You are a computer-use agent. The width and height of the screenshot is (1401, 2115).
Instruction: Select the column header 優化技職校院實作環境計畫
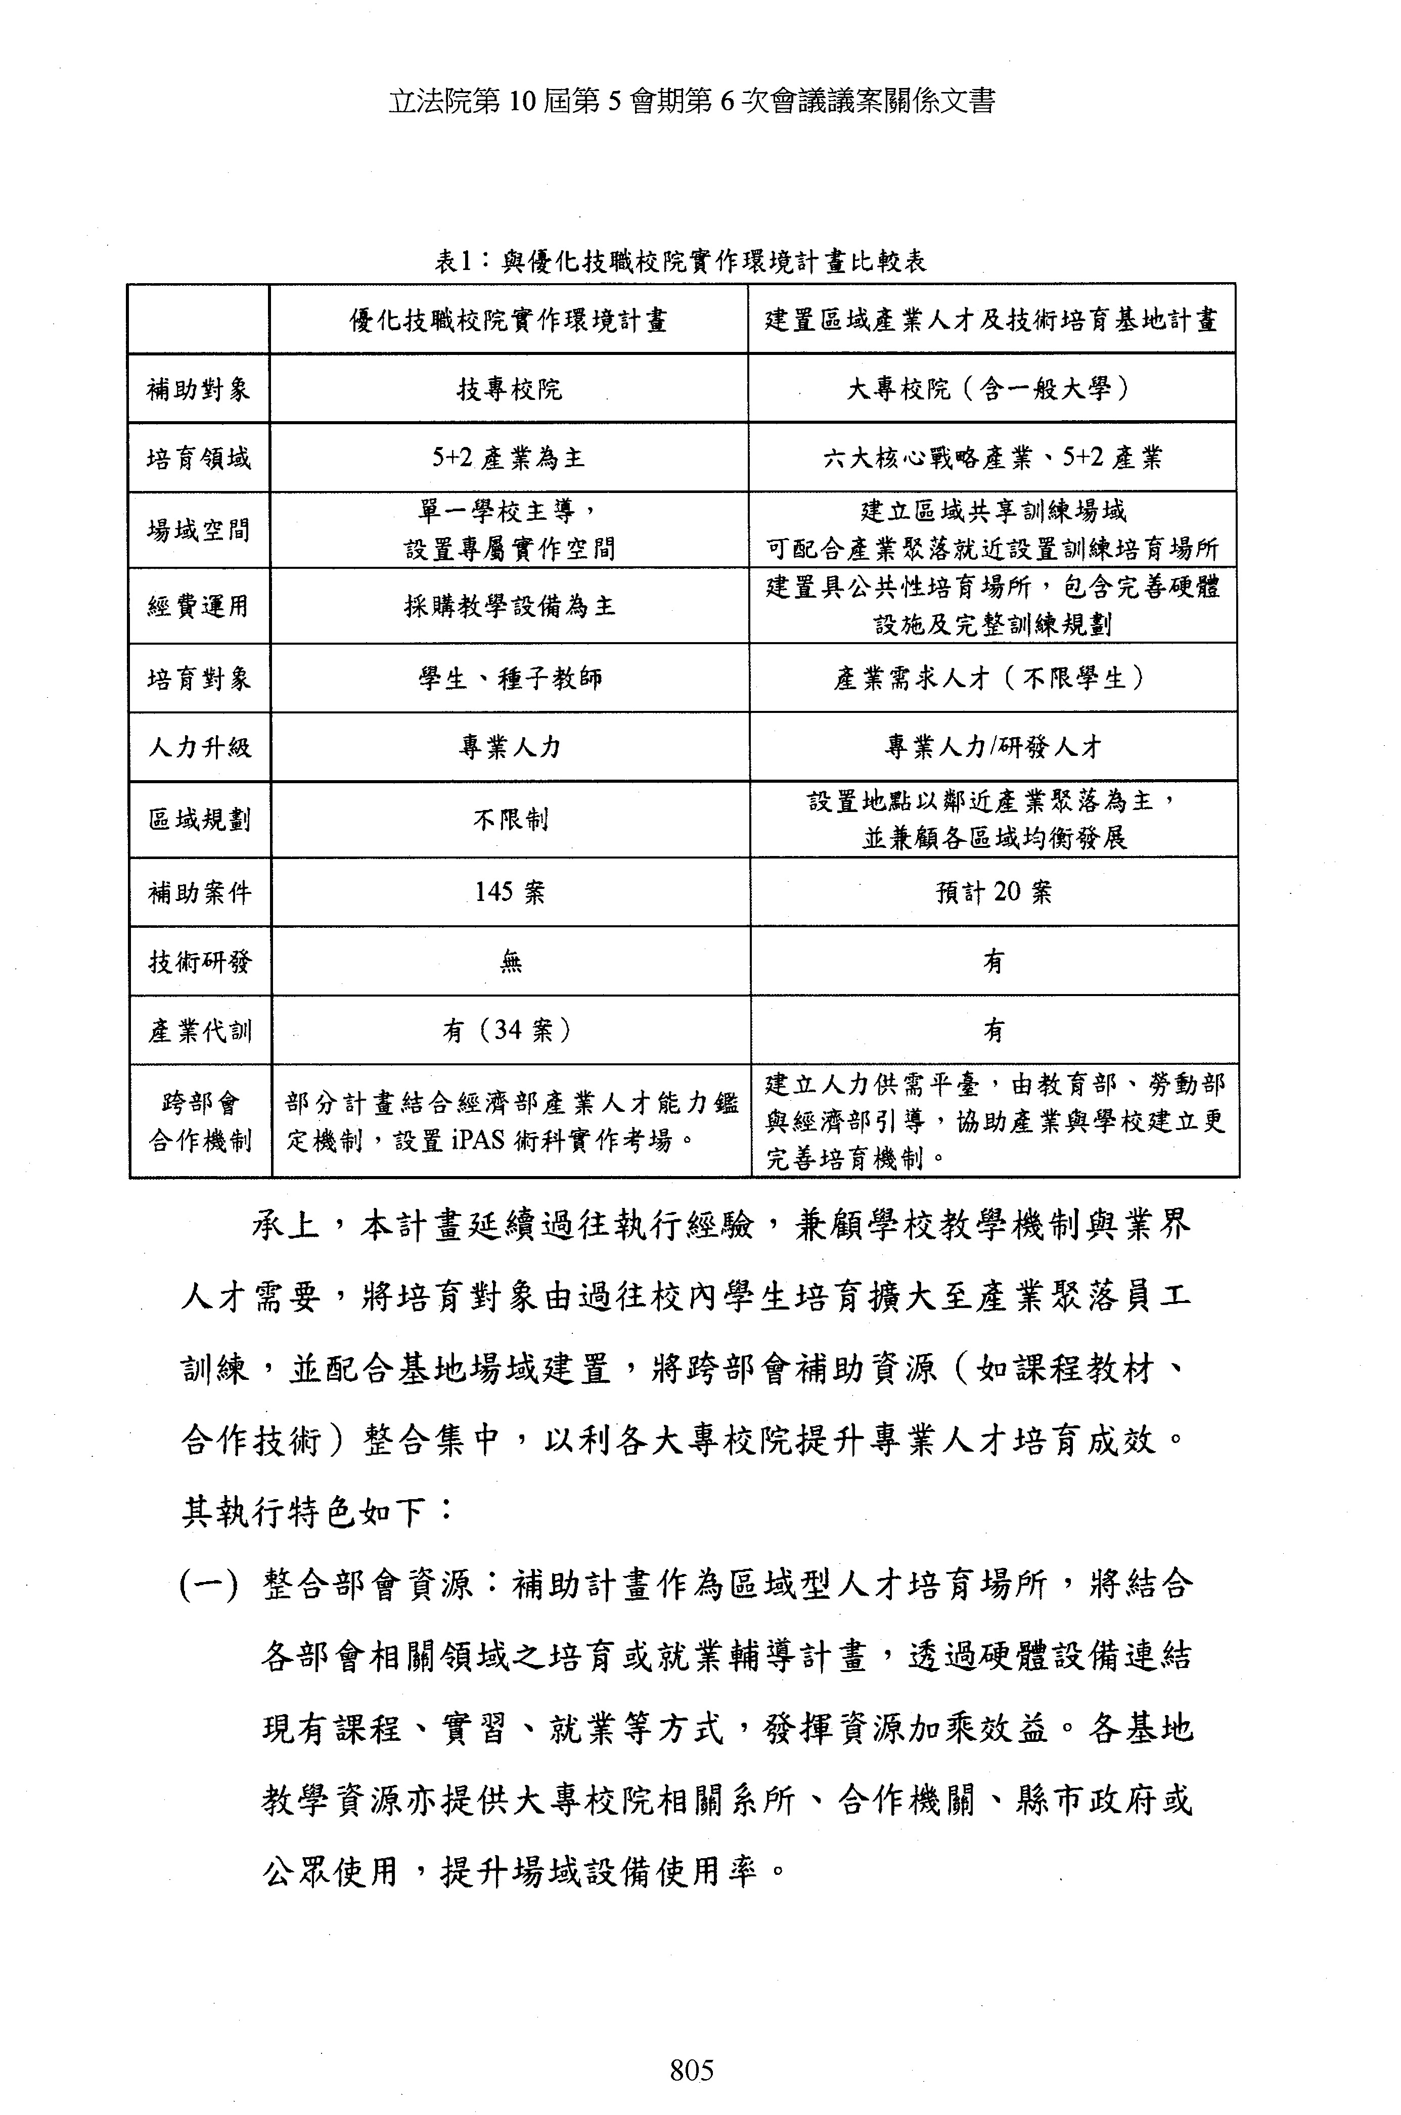509,320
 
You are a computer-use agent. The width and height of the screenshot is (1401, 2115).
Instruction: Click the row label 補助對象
198,389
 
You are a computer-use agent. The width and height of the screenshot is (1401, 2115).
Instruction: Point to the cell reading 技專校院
509,389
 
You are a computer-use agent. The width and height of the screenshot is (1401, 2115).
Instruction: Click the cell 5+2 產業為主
509,458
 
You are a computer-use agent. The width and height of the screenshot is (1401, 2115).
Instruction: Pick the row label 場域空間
198,530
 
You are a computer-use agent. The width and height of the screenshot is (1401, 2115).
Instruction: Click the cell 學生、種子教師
509,678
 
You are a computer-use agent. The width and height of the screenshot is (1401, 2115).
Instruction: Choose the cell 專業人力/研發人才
992,747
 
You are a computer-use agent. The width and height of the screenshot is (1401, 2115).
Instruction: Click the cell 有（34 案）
509,1030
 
